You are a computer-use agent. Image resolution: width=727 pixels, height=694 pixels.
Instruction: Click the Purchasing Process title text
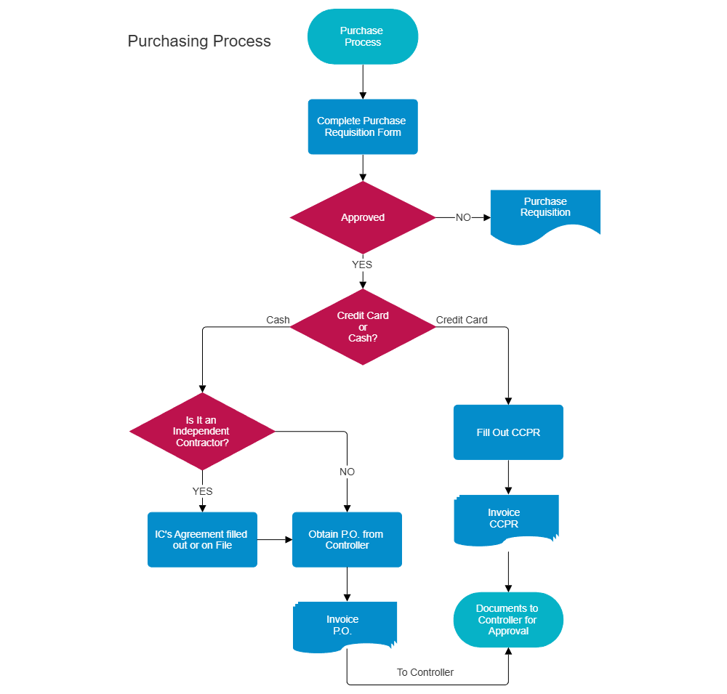point(199,41)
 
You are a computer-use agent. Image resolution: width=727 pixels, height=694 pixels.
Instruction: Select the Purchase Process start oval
point(363,37)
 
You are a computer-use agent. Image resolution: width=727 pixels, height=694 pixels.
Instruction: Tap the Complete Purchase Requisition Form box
point(363,126)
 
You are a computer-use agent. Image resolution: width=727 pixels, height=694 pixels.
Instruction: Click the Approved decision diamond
point(363,217)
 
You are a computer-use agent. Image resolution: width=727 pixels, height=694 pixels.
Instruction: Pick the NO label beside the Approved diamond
point(463,217)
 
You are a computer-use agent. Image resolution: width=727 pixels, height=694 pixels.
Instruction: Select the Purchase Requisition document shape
point(545,213)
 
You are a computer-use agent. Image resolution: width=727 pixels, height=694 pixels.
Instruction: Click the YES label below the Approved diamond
point(362,265)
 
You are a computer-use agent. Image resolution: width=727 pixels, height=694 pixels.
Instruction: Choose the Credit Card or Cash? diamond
point(363,327)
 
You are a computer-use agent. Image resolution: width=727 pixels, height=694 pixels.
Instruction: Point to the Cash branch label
point(278,320)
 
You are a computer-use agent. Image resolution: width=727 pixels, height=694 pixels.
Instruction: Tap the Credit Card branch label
point(462,320)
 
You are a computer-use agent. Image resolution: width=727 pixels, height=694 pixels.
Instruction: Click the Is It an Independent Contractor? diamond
point(202,431)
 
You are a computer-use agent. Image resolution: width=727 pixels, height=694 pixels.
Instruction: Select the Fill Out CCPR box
point(508,432)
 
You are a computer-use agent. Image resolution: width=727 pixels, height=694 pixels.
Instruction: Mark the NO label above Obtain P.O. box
point(347,472)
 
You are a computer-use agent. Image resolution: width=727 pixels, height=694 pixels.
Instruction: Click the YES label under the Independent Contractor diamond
point(202,491)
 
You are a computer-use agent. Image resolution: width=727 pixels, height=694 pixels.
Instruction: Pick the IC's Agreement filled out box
point(202,539)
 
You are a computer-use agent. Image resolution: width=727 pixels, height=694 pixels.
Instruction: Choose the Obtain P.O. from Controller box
point(347,539)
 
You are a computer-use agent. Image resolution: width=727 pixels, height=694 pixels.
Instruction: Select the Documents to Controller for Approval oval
point(508,620)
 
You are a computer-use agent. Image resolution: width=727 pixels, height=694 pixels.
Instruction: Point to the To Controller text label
point(425,672)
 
